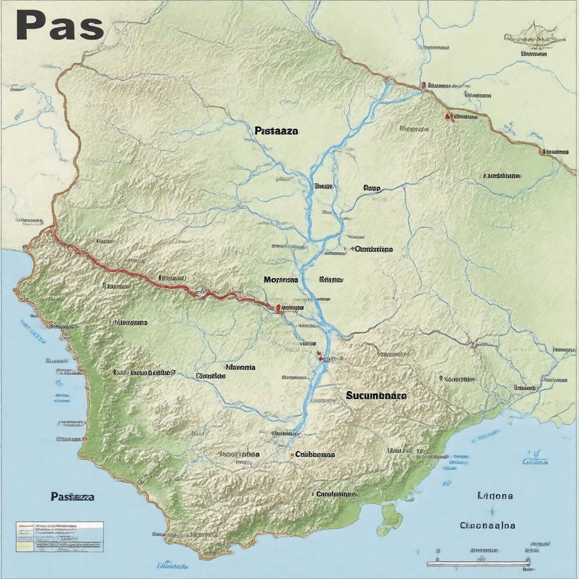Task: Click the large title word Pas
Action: [x=59, y=25]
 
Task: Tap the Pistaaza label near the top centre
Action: [x=276, y=130]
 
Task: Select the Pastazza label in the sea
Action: [x=72, y=496]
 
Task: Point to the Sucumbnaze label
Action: [x=376, y=396]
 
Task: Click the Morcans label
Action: [x=280, y=279]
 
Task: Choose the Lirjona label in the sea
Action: [x=495, y=496]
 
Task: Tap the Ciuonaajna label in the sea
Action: [x=487, y=525]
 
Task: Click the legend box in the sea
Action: [x=59, y=536]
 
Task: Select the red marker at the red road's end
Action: [x=278, y=308]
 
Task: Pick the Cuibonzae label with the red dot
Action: [x=314, y=453]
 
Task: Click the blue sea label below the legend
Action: [x=172, y=564]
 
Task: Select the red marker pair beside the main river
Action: [x=319, y=357]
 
